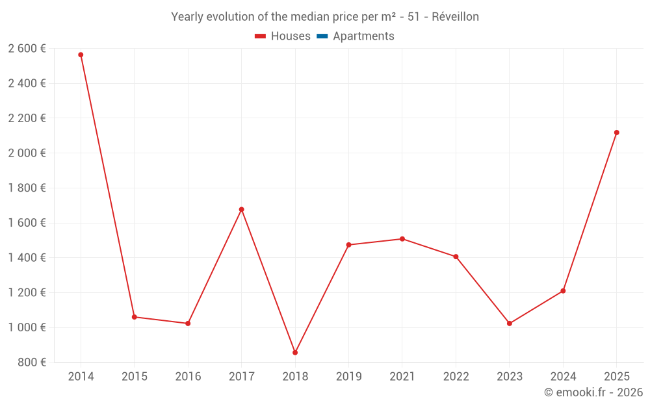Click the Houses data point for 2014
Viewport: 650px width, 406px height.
81,55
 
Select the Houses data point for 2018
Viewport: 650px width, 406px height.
295,353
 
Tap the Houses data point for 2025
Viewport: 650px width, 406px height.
616,133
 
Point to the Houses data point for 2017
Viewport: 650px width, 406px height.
241,210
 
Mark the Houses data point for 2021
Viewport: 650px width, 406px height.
402,239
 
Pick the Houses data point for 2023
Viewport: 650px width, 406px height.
509,324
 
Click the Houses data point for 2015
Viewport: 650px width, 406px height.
135,317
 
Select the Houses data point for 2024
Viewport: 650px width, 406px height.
563,291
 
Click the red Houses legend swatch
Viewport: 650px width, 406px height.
261,36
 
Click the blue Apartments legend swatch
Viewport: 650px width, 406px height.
322,36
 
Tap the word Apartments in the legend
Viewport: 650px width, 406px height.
363,36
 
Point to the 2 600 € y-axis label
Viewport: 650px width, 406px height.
27,49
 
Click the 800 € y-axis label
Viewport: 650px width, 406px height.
31,362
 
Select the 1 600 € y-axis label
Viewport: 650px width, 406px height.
27,223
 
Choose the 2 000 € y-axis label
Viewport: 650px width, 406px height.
27,153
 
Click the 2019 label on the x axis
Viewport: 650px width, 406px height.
348,377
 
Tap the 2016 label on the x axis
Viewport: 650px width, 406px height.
188,377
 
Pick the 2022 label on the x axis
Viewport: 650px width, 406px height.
456,377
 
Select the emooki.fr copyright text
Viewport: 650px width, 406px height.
593,392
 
